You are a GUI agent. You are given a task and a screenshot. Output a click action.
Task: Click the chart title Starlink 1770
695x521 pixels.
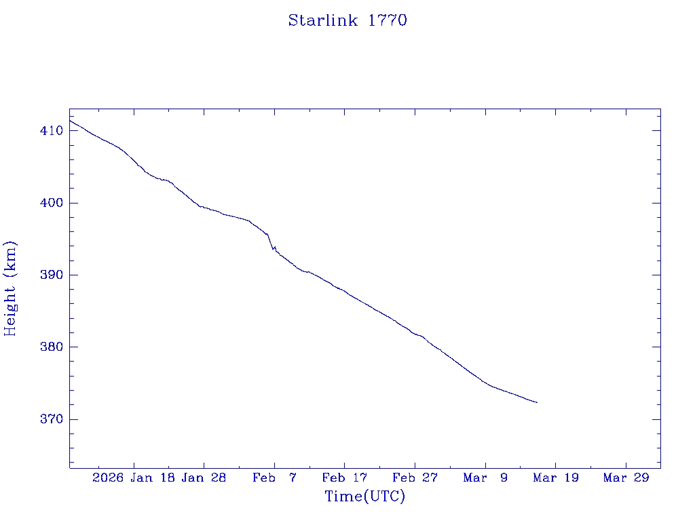pyautogui.click(x=347, y=20)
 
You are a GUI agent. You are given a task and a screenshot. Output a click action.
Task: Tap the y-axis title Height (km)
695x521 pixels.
pyautogui.click(x=10, y=288)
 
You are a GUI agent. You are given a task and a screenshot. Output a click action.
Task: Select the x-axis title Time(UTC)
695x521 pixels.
pyautogui.click(x=364, y=497)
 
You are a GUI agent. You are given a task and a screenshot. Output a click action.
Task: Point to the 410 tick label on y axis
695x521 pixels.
pyautogui.click(x=52, y=130)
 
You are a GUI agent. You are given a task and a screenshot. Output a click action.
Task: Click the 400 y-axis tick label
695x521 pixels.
pyautogui.click(x=52, y=203)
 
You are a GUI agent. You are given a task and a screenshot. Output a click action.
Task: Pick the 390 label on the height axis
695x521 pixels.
pyautogui.click(x=52, y=275)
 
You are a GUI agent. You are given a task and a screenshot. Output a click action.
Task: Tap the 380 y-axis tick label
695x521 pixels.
pyautogui.click(x=52, y=347)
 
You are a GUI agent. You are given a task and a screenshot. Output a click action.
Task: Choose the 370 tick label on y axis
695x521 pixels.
pyautogui.click(x=52, y=419)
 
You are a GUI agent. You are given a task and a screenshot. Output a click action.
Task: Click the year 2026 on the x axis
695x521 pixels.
pyautogui.click(x=108, y=478)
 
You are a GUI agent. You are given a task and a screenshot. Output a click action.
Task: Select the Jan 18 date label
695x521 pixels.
pyautogui.click(x=153, y=478)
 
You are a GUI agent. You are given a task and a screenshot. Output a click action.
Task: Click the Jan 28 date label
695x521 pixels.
pyautogui.click(x=204, y=478)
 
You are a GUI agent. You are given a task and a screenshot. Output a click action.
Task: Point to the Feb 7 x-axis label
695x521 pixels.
pyautogui.click(x=274, y=478)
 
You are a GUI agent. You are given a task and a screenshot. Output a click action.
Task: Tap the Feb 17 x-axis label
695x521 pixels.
pyautogui.click(x=345, y=478)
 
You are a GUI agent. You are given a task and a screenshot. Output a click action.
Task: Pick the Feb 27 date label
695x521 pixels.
pyautogui.click(x=415, y=478)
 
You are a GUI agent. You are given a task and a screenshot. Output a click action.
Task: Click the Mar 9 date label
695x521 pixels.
pyautogui.click(x=485, y=478)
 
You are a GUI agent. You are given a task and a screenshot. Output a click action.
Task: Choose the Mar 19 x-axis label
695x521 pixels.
pyautogui.click(x=556, y=478)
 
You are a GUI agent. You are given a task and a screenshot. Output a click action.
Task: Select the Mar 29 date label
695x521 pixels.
pyautogui.click(x=626, y=478)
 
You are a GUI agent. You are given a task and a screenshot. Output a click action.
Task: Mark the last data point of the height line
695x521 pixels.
pyautogui.click(x=537, y=403)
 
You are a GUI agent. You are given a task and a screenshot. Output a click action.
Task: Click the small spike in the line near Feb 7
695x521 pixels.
pyautogui.click(x=274, y=248)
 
